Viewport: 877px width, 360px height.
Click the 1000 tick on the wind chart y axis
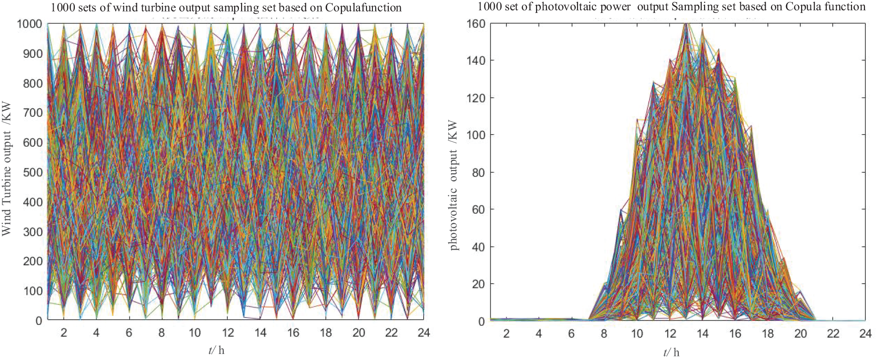pos(30,24)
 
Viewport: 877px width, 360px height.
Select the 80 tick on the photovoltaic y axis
pos(479,172)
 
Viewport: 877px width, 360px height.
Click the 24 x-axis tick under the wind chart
pos(424,332)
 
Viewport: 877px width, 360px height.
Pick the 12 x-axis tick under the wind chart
pos(227,332)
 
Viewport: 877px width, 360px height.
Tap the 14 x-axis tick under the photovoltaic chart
pos(702,334)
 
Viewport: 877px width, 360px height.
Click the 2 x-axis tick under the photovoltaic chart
pos(506,334)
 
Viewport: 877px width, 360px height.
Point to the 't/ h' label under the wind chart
pos(216,350)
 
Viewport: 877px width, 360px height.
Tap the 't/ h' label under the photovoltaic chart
pos(671,353)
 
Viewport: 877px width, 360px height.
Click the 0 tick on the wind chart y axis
pos(39,321)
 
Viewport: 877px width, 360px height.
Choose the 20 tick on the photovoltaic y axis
pos(479,284)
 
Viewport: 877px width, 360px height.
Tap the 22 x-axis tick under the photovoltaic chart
pos(833,334)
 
